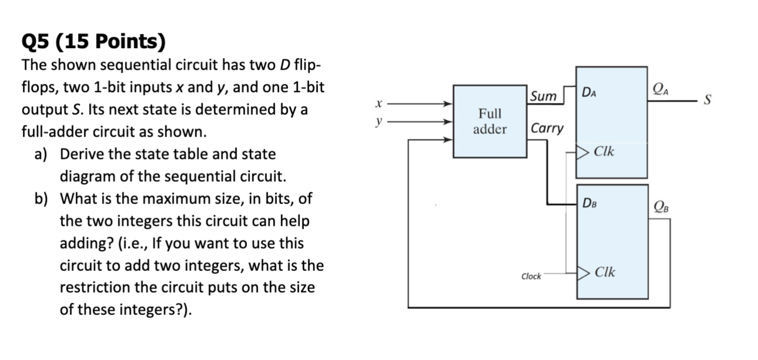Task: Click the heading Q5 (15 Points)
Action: coord(93,42)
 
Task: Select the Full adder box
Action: coord(490,121)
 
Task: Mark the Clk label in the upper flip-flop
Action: coord(604,152)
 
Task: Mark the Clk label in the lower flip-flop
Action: coord(604,273)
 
